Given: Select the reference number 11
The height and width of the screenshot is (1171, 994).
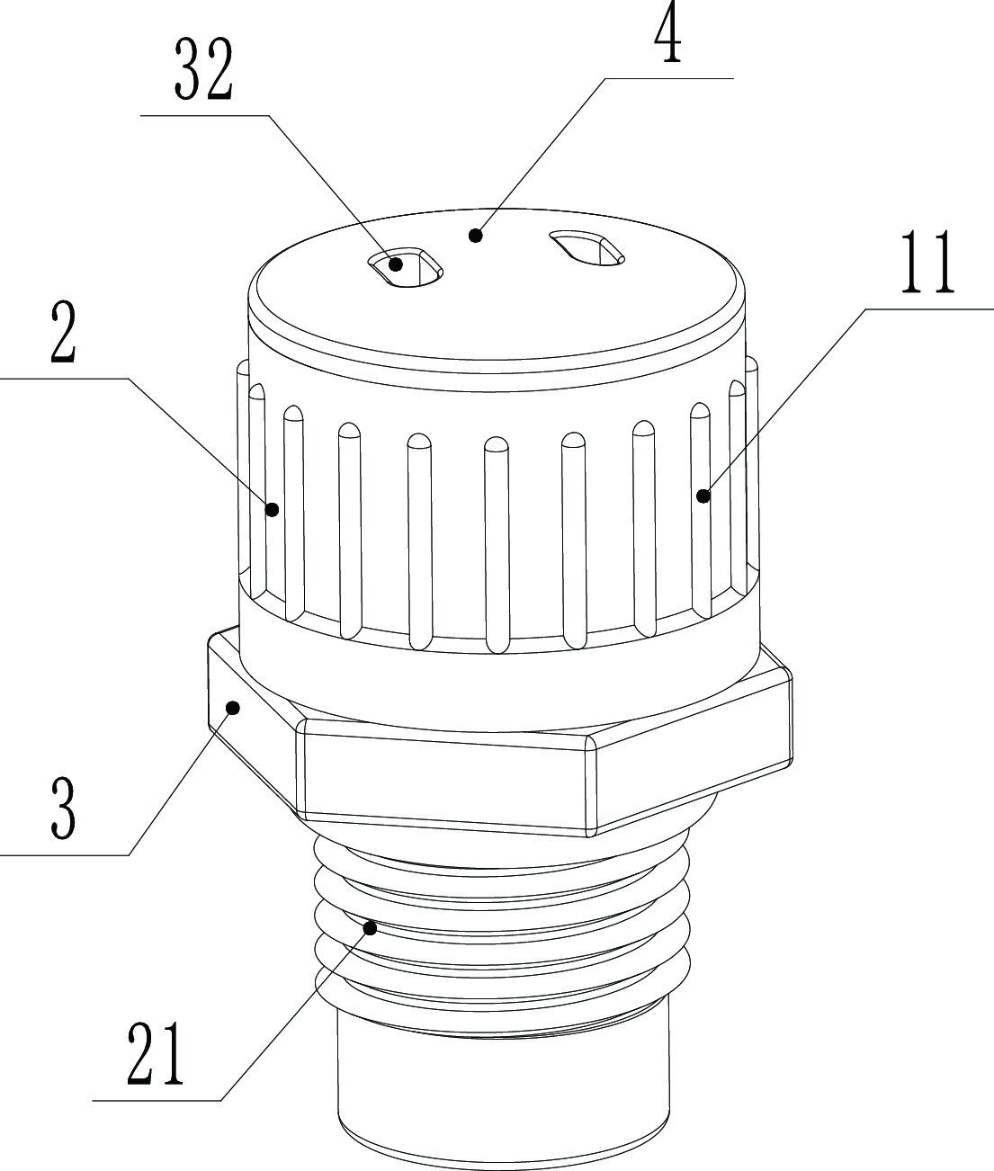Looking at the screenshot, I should coord(929,266).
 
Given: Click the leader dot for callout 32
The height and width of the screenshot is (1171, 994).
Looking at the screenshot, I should coord(395,265).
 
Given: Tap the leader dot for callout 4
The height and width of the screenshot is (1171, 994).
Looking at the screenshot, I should coord(476,236).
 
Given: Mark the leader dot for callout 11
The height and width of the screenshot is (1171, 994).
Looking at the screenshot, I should coord(703,494).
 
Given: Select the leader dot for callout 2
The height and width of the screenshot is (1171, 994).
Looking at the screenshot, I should coord(272,509).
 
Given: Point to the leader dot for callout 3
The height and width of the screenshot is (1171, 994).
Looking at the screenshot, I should coord(233,708).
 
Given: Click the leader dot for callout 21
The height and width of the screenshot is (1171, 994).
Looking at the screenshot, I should coord(370,925).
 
